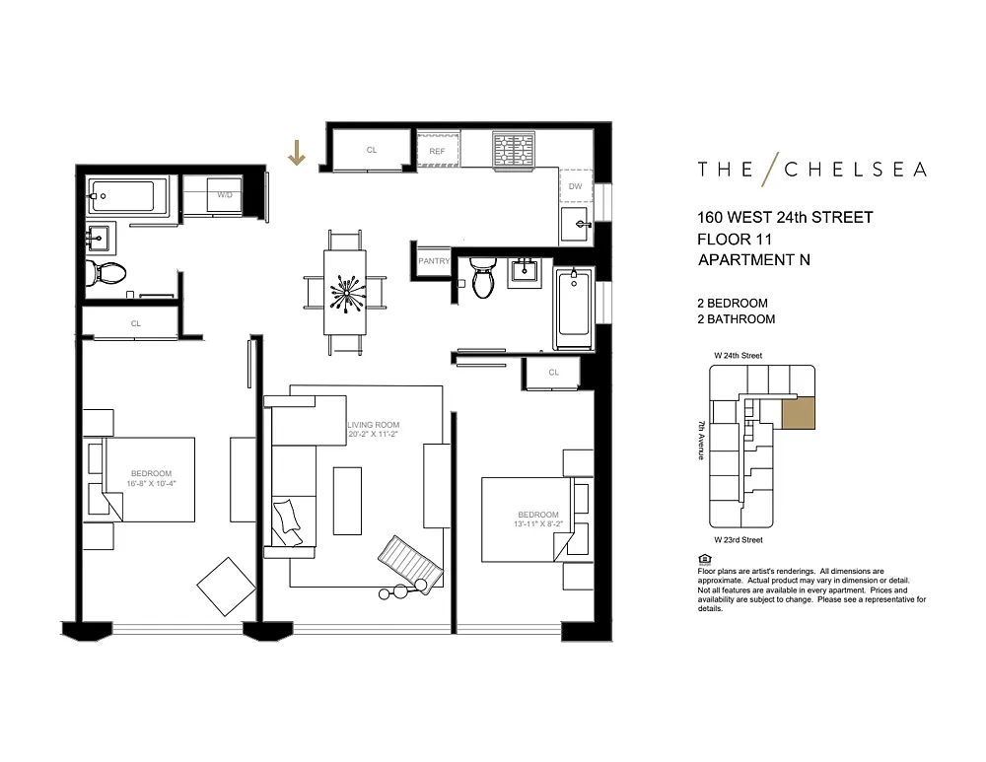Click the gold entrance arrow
296,153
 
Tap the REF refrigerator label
437,152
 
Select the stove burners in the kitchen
514,151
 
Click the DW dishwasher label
576,186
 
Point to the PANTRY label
434,261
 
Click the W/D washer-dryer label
225,195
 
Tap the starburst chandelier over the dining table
345,293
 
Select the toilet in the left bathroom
106,273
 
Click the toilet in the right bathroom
483,278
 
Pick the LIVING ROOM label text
374,425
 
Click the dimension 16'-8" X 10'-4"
151,483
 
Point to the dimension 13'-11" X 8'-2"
537,523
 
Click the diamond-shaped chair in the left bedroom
227,587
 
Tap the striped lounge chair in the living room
410,564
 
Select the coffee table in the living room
347,501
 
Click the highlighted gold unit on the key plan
799,413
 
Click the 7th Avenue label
701,440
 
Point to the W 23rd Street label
739,539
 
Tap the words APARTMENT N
754,259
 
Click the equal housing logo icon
704,559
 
